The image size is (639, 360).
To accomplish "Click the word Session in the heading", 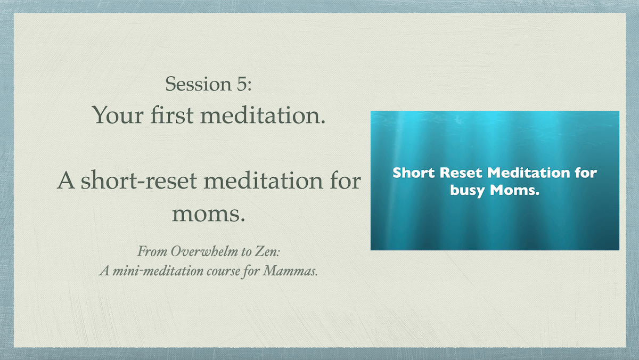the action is click(x=198, y=84).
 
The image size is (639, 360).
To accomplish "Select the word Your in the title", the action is click(x=118, y=115).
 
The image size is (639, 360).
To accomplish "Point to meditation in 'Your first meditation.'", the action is click(x=263, y=114).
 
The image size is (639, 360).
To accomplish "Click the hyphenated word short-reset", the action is click(x=139, y=181).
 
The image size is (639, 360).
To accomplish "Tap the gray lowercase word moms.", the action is click(x=209, y=214).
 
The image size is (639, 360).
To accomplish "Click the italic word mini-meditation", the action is click(x=158, y=271).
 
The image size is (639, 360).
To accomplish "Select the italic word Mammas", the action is click(x=290, y=271).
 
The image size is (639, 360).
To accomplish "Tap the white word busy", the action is click(x=468, y=191).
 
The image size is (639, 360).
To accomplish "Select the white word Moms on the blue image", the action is click(x=515, y=190).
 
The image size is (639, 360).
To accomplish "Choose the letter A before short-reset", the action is click(x=66, y=181).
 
